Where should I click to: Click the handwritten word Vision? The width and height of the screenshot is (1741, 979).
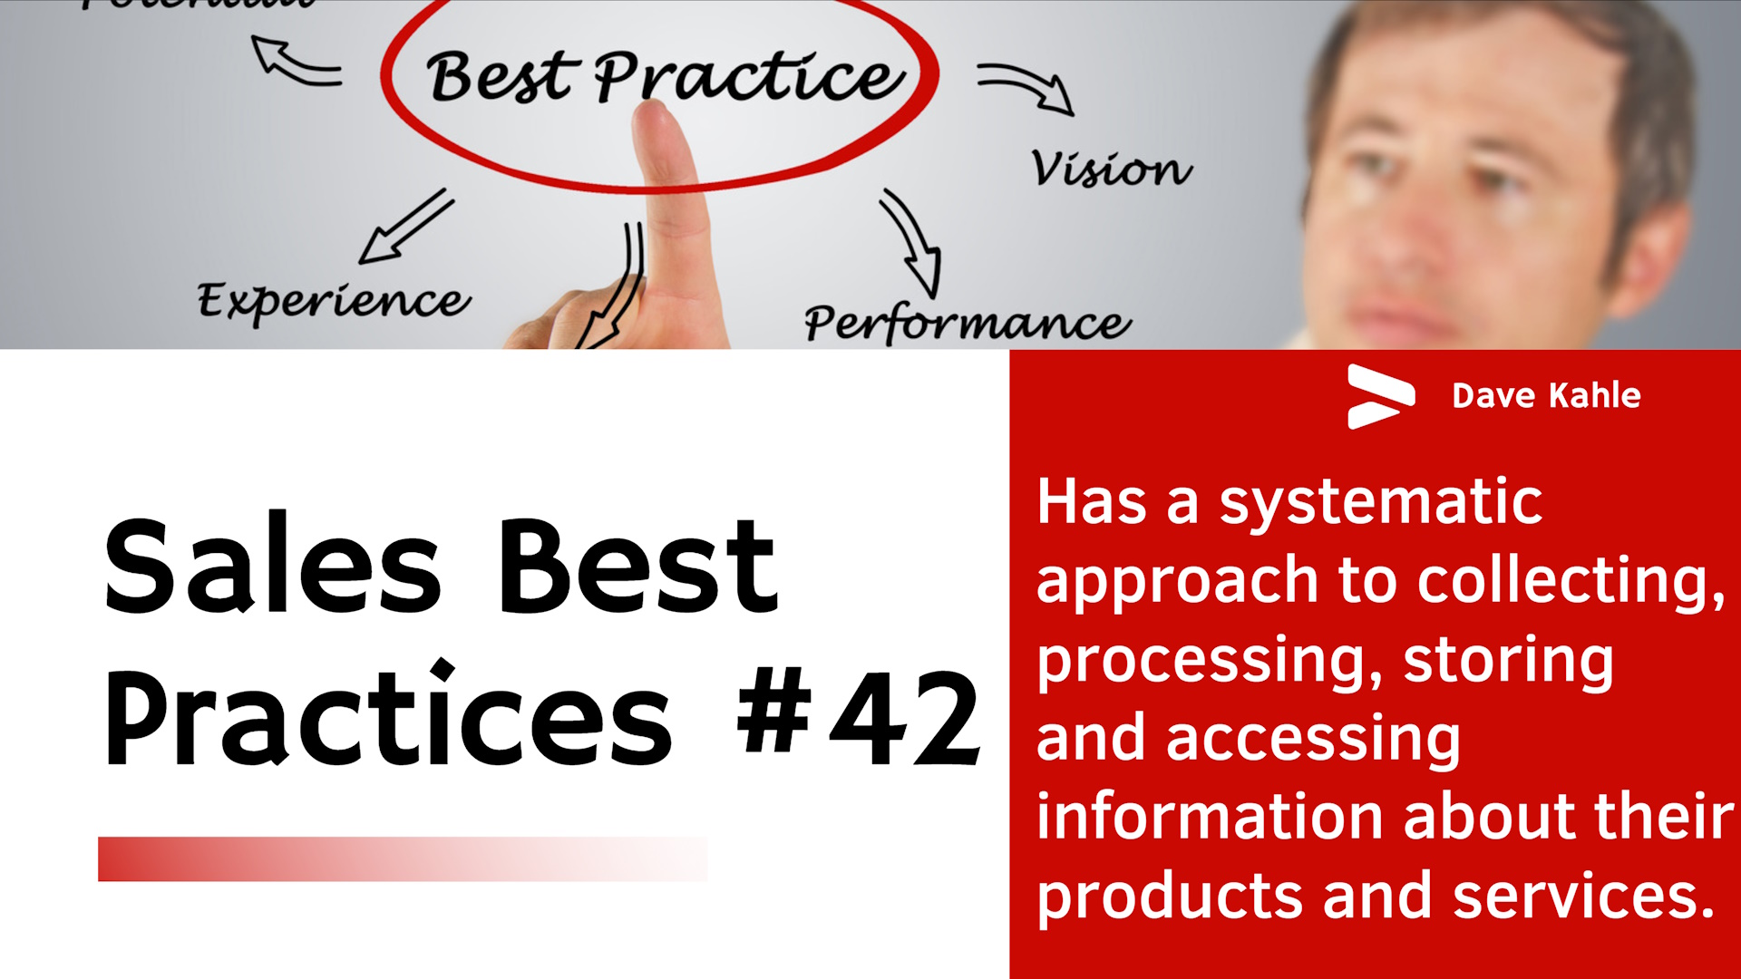(1111, 169)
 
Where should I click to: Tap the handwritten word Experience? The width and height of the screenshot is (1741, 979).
(334, 301)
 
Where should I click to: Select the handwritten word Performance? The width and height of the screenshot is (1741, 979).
(967, 323)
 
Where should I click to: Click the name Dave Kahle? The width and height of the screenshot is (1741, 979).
(1546, 396)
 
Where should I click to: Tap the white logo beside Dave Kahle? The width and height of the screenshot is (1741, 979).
(1380, 396)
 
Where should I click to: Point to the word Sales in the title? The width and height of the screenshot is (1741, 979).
(272, 567)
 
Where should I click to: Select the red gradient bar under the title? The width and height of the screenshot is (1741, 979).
(402, 858)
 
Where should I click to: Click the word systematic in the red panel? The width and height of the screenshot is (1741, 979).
(1380, 502)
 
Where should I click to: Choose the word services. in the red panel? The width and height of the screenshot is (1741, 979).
(1583, 896)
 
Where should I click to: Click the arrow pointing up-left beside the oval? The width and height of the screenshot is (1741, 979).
(295, 62)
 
